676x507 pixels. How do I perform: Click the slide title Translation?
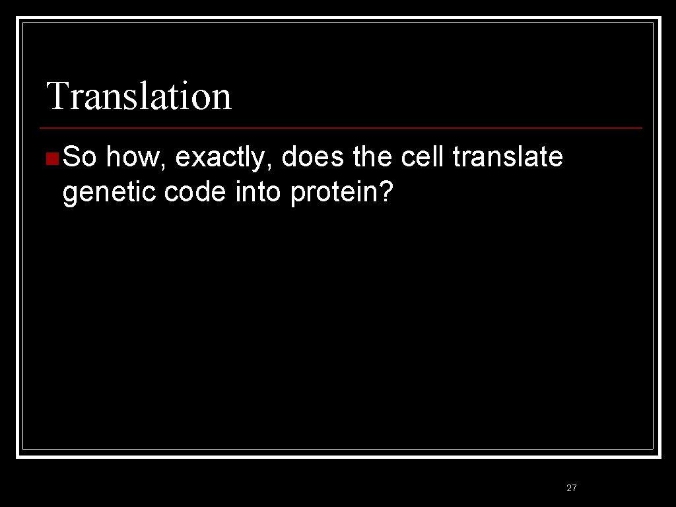point(139,96)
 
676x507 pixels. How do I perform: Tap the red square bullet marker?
point(52,158)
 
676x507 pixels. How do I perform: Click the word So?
point(81,158)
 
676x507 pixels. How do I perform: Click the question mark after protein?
point(388,192)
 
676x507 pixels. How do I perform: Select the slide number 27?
point(572,488)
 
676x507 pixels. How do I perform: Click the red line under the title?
point(341,127)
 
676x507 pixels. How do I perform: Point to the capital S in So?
point(72,158)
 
